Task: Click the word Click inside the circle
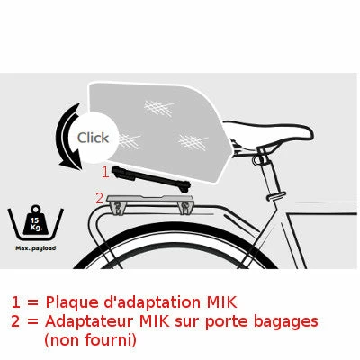(93, 138)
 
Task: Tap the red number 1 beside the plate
(104, 170)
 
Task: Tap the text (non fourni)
(89, 340)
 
